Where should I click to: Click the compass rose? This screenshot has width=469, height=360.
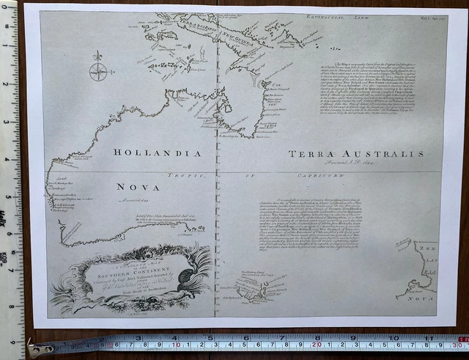point(97,70)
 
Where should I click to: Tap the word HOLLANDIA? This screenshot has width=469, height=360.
point(156,153)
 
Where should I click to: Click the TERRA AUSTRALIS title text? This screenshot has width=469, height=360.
point(366,154)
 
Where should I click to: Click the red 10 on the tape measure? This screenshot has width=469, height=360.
point(175,343)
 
